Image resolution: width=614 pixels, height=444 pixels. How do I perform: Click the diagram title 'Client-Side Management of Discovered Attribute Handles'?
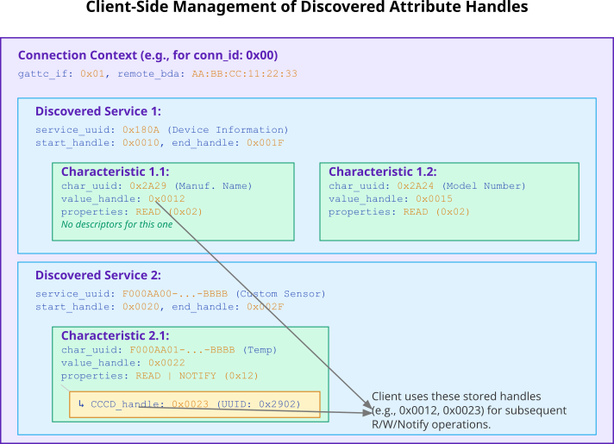click(307, 7)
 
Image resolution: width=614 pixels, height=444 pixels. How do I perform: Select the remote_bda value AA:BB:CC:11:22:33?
click(244, 73)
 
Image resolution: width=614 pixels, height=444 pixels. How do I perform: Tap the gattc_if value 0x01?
click(92, 73)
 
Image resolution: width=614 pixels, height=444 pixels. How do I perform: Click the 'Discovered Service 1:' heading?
click(98, 111)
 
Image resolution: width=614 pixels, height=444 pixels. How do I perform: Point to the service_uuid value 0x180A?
click(141, 129)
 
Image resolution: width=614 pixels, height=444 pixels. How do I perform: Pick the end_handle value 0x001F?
click(265, 142)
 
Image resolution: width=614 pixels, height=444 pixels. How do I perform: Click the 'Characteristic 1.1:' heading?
click(116, 172)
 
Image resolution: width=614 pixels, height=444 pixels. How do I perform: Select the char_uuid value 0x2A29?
click(148, 185)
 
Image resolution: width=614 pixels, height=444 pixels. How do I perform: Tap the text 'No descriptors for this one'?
click(116, 224)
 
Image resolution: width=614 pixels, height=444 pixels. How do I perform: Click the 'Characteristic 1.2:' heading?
click(383, 172)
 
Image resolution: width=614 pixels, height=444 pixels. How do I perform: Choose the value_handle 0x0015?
click(434, 198)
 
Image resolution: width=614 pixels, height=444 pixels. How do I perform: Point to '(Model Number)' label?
click(484, 185)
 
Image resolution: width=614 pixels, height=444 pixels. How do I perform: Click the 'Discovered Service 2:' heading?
click(98, 275)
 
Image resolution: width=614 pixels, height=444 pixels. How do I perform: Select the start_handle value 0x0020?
click(141, 307)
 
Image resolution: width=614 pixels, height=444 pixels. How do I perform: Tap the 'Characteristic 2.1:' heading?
click(116, 335)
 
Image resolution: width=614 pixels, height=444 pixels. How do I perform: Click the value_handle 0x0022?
click(166, 363)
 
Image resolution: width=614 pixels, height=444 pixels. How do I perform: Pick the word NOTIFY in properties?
click(197, 376)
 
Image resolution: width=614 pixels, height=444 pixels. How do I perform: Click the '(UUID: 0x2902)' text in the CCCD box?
click(259, 404)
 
